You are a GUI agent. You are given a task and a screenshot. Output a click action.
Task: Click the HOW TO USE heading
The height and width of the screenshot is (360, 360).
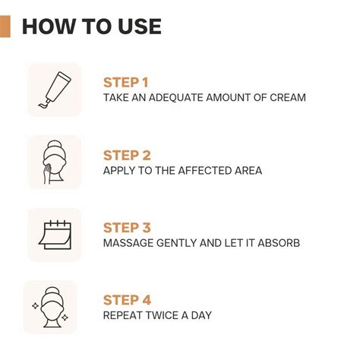92,27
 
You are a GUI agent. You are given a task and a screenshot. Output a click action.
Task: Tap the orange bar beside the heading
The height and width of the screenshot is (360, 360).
5,27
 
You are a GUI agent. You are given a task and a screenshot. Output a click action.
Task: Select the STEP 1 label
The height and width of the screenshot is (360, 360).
126,83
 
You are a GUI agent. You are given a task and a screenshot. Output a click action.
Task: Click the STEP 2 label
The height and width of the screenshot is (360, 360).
127,156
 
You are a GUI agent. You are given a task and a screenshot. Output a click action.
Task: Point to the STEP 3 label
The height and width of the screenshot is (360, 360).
127,228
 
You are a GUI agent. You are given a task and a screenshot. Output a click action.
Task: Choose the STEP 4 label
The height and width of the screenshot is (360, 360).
127,300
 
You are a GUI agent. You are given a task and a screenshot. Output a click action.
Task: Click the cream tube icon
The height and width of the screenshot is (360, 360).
54,90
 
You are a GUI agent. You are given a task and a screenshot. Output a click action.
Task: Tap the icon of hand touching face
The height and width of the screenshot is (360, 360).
54,162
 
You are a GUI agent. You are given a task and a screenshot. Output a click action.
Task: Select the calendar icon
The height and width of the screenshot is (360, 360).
54,235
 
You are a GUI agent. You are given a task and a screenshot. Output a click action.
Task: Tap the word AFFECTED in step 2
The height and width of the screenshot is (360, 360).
200,171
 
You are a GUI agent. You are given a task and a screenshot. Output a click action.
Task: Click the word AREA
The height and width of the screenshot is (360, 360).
246,171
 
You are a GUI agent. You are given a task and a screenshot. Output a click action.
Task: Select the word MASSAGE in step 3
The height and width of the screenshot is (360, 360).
127,243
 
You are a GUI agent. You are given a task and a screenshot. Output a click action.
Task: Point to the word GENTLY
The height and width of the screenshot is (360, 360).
178,243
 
